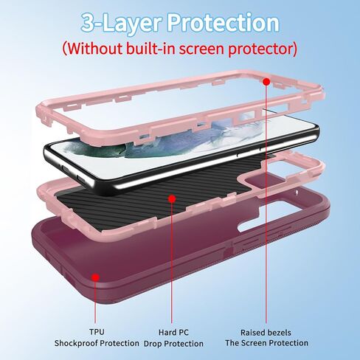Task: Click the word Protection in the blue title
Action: pyautogui.click(x=224, y=23)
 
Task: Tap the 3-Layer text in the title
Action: pyautogui.click(x=121, y=24)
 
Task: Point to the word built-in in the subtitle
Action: pyautogui.click(x=150, y=48)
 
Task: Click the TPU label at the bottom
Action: pyautogui.click(x=97, y=332)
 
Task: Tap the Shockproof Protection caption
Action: pyautogui.click(x=97, y=343)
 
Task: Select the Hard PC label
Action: pyautogui.click(x=173, y=332)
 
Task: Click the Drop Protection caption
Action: pyautogui.click(x=173, y=344)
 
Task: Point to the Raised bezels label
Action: pyautogui.click(x=266, y=333)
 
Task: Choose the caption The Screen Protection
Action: pyautogui.click(x=266, y=343)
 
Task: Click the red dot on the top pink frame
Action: pyautogui.click(x=266, y=81)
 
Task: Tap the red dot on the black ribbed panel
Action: pyautogui.click(x=172, y=198)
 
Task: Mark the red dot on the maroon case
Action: pyautogui.click(x=95, y=277)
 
